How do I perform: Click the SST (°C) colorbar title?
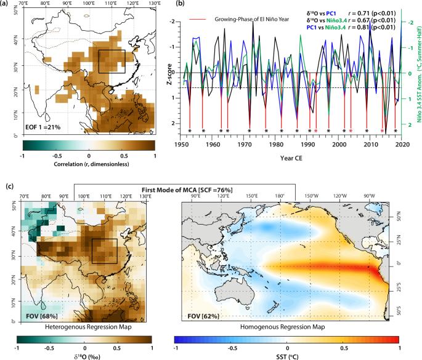[x=288, y=355]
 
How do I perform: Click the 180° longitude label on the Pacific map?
[x=279, y=196]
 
